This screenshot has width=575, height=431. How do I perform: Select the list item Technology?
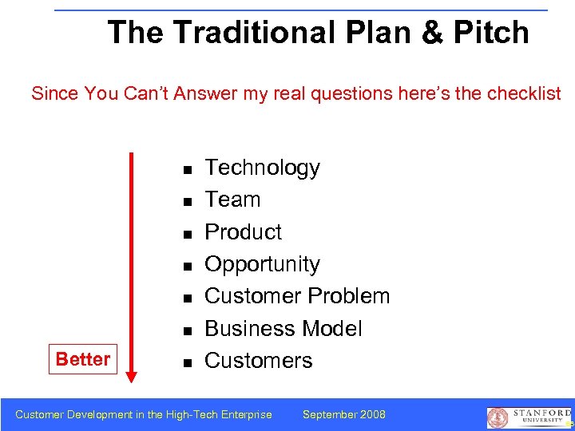[x=262, y=168]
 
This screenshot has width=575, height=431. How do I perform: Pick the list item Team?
[x=232, y=200]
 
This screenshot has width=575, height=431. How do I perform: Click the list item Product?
[x=243, y=231]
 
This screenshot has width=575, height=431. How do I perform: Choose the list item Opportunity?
[x=262, y=264]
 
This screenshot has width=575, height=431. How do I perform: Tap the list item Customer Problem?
[x=297, y=296]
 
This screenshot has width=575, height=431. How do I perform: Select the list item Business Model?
[x=283, y=328]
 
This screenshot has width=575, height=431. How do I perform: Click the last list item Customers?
[x=258, y=361]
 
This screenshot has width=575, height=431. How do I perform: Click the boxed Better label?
[x=82, y=359]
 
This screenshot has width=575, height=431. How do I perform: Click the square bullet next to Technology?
[x=185, y=170]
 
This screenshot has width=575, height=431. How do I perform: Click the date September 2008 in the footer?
[x=343, y=414]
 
